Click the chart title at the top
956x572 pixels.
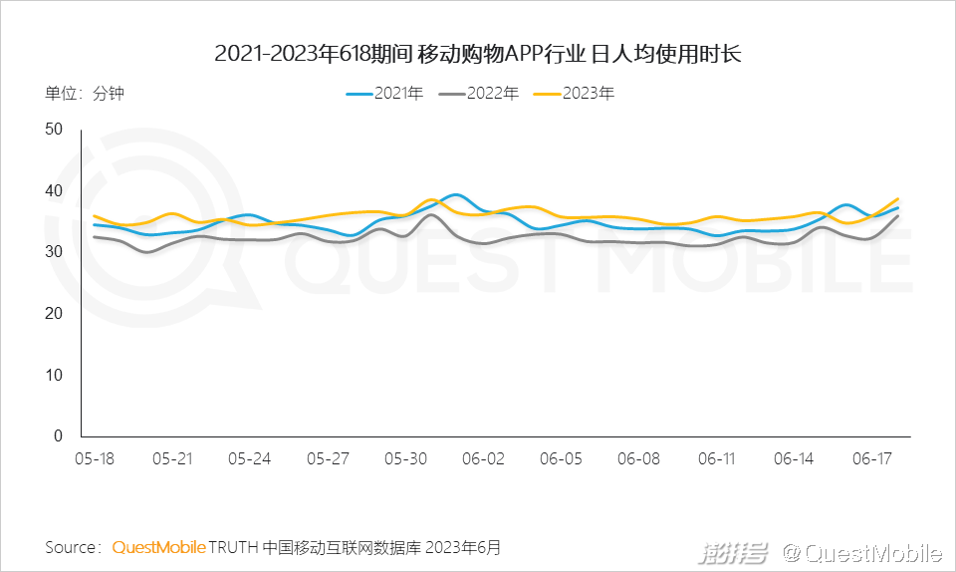pos(478,53)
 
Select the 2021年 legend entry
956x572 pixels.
pos(385,94)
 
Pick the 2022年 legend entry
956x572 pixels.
pos(480,94)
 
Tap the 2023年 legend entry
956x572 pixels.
pos(575,94)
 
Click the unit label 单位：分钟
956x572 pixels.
pos(85,94)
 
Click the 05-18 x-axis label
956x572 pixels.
pos(95,458)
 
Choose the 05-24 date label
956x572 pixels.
pos(250,458)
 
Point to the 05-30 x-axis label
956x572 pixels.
pos(405,458)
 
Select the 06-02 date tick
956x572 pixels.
pos(483,458)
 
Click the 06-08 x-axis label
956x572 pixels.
pos(638,458)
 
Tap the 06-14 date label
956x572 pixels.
pos(794,458)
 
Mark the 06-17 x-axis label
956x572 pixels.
pos(871,458)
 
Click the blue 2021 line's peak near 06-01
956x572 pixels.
pos(455,194)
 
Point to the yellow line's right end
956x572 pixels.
pos(898,198)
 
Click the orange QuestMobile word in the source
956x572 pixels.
pos(159,547)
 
